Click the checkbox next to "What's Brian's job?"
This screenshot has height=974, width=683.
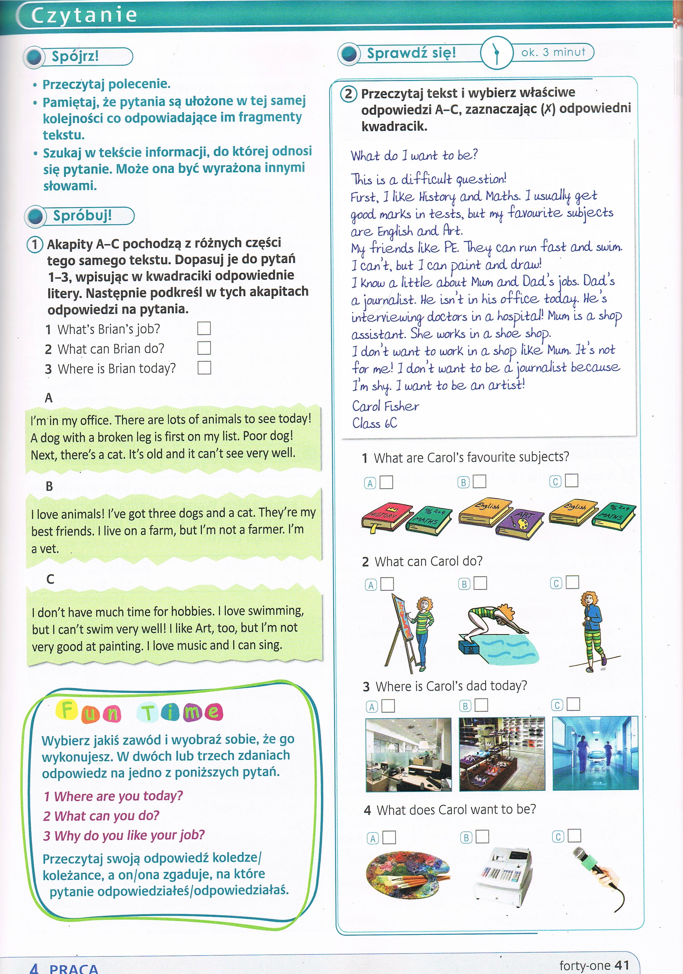[x=204, y=328]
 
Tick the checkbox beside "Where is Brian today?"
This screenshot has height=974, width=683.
[x=204, y=368]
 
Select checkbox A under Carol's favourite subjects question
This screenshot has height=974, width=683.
[x=386, y=482]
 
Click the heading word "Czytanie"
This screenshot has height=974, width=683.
[x=84, y=15]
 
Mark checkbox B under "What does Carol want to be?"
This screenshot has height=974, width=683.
[x=482, y=837]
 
